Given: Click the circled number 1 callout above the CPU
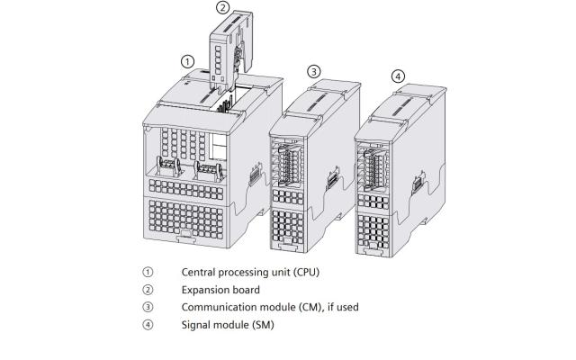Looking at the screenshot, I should (x=187, y=61).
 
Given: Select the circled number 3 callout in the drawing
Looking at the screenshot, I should (x=313, y=71).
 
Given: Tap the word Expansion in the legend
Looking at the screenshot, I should (x=206, y=289).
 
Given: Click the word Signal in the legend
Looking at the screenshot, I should (x=197, y=325).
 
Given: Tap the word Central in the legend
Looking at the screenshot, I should (x=201, y=271).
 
